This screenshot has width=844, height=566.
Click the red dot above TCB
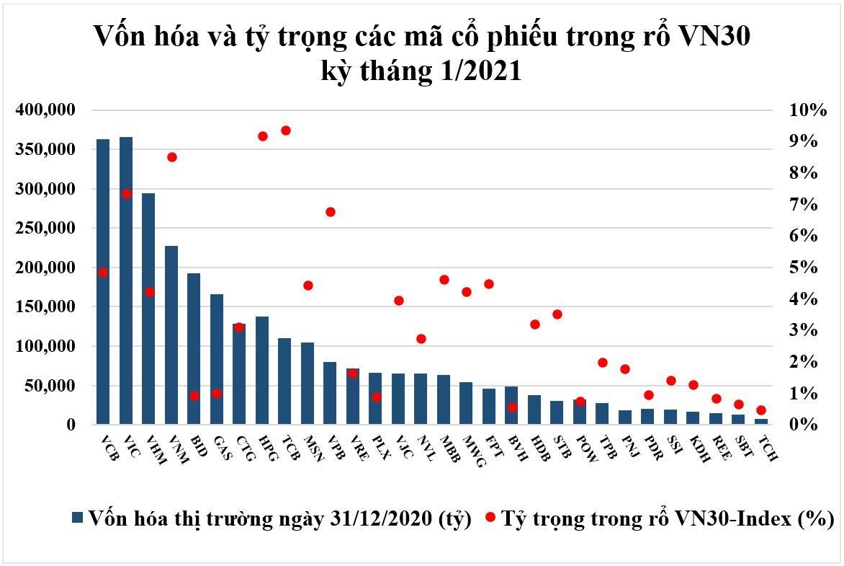pos(285,131)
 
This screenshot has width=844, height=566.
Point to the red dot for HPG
pos(263,136)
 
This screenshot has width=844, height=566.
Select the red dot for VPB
pos(331,212)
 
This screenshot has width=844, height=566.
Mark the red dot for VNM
pos(171,157)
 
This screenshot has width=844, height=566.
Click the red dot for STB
pos(557,314)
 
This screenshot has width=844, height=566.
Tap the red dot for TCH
pos(761,410)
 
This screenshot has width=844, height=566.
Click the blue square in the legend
pos(78,517)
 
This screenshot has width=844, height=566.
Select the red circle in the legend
pos(490,517)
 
